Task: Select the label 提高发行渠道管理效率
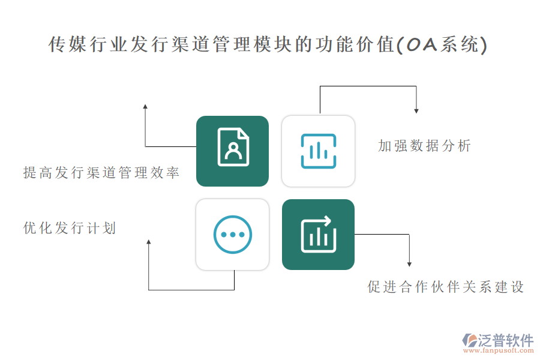(x=101, y=173)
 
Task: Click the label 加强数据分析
(x=425, y=146)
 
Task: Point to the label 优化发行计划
(x=70, y=228)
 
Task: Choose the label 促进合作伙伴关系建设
(x=446, y=287)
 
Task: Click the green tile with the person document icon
(x=232, y=151)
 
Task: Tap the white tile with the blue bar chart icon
(x=318, y=151)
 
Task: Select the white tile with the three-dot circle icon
(x=232, y=234)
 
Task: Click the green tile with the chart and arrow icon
(x=318, y=234)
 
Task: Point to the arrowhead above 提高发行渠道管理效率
(x=145, y=106)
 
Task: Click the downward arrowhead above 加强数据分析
(x=416, y=110)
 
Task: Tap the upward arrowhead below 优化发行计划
(x=149, y=242)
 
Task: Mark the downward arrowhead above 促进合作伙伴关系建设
(x=409, y=263)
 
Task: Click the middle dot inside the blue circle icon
(x=232, y=234)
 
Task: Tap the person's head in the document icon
(x=232, y=145)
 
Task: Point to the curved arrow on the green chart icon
(x=326, y=220)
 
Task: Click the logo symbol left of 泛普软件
(x=469, y=340)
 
